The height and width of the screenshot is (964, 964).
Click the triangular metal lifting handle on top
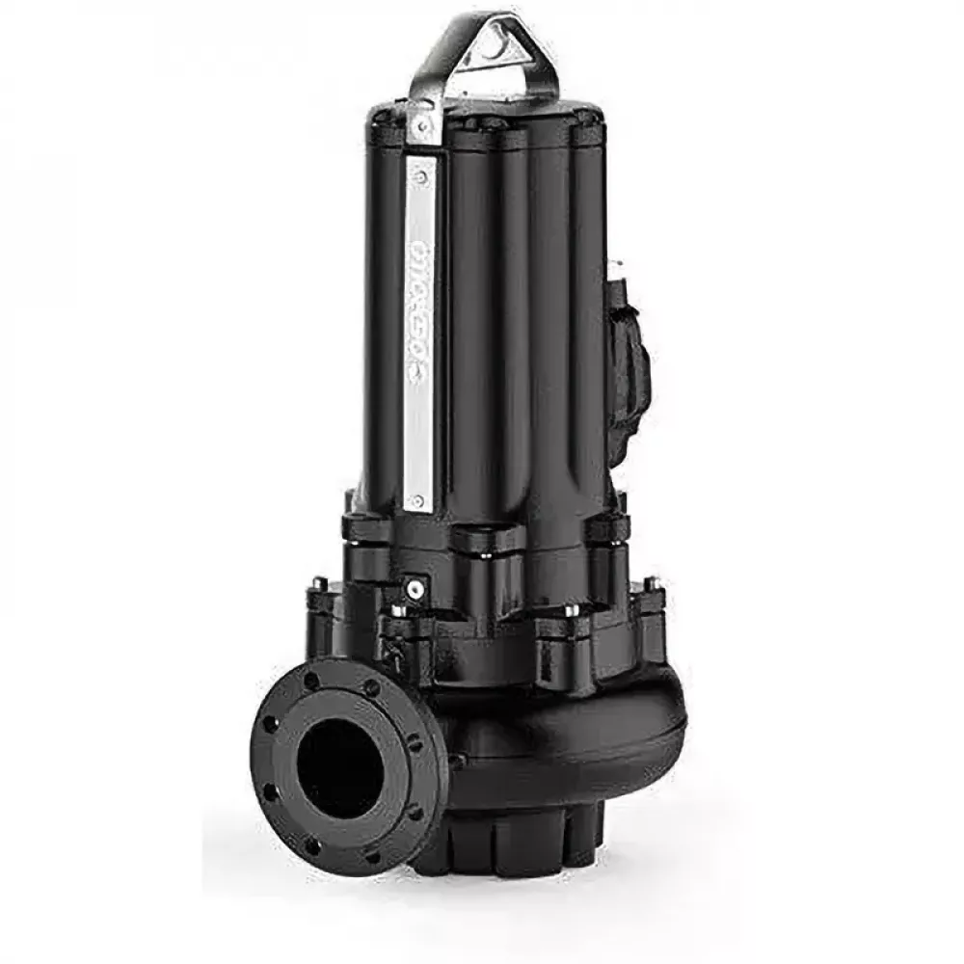(x=482, y=48)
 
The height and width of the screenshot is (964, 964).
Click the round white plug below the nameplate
(x=415, y=584)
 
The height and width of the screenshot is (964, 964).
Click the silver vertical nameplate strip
(x=419, y=337)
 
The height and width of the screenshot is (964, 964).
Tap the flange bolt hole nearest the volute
(x=415, y=743)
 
